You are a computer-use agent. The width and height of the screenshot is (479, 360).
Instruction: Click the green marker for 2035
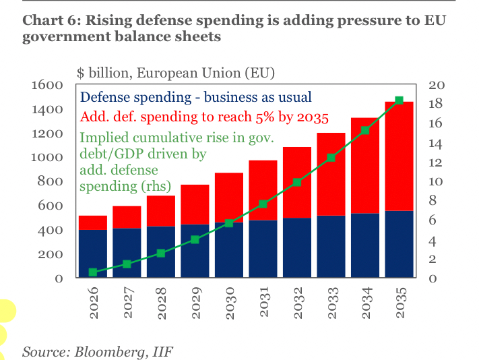(x=399, y=100)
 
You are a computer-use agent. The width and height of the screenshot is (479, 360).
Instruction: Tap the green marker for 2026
(x=93, y=272)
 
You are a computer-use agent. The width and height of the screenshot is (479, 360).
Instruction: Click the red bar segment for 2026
(x=93, y=222)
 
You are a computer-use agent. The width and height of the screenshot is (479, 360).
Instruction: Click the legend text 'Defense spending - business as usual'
(x=195, y=98)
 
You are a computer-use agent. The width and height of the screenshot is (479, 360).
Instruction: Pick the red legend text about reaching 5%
(x=204, y=117)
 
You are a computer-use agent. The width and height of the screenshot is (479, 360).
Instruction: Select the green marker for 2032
(x=297, y=182)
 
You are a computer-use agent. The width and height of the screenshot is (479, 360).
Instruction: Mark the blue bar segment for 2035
(x=399, y=244)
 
